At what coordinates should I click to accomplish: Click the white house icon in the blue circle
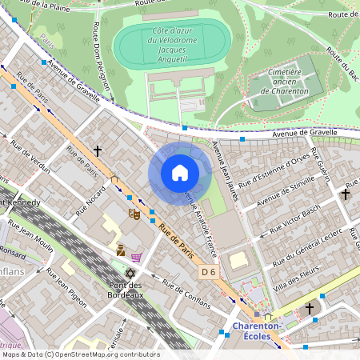click(180, 173)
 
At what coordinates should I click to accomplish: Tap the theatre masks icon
click(134, 214)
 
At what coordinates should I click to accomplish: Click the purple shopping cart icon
click(137, 257)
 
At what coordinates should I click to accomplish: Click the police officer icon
click(120, 250)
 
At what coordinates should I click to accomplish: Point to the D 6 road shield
click(208, 273)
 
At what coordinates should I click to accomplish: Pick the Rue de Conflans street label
click(183, 293)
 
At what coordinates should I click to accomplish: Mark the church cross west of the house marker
click(98, 150)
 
